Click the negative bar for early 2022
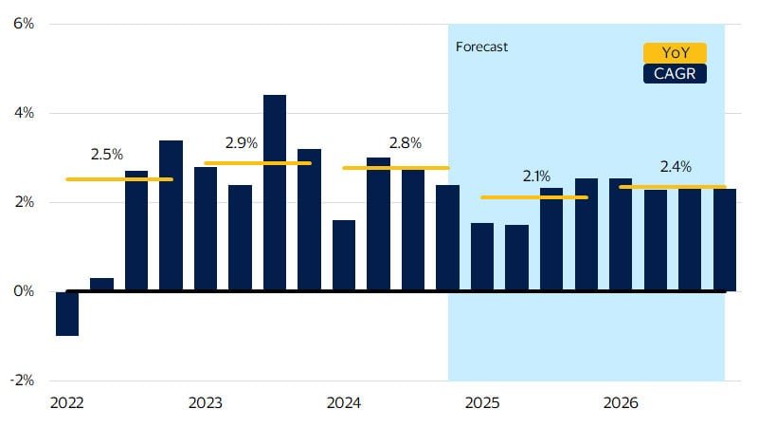tap(67, 313)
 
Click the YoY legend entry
tap(675, 53)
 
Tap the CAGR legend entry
tap(675, 74)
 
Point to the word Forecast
tap(481, 46)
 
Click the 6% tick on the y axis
tap(23, 24)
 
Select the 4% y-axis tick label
tap(23, 113)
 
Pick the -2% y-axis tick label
tap(22, 381)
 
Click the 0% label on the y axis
tap(23, 291)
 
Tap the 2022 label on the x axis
tap(66, 403)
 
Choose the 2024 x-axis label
tap(343, 403)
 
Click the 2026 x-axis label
tap(621, 403)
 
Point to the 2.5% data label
tap(107, 154)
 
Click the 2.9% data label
tap(242, 143)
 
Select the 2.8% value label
tap(405, 143)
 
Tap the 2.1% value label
tap(537, 176)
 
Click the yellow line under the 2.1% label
tap(534, 197)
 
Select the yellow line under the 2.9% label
tap(258, 163)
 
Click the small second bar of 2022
tap(101, 285)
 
